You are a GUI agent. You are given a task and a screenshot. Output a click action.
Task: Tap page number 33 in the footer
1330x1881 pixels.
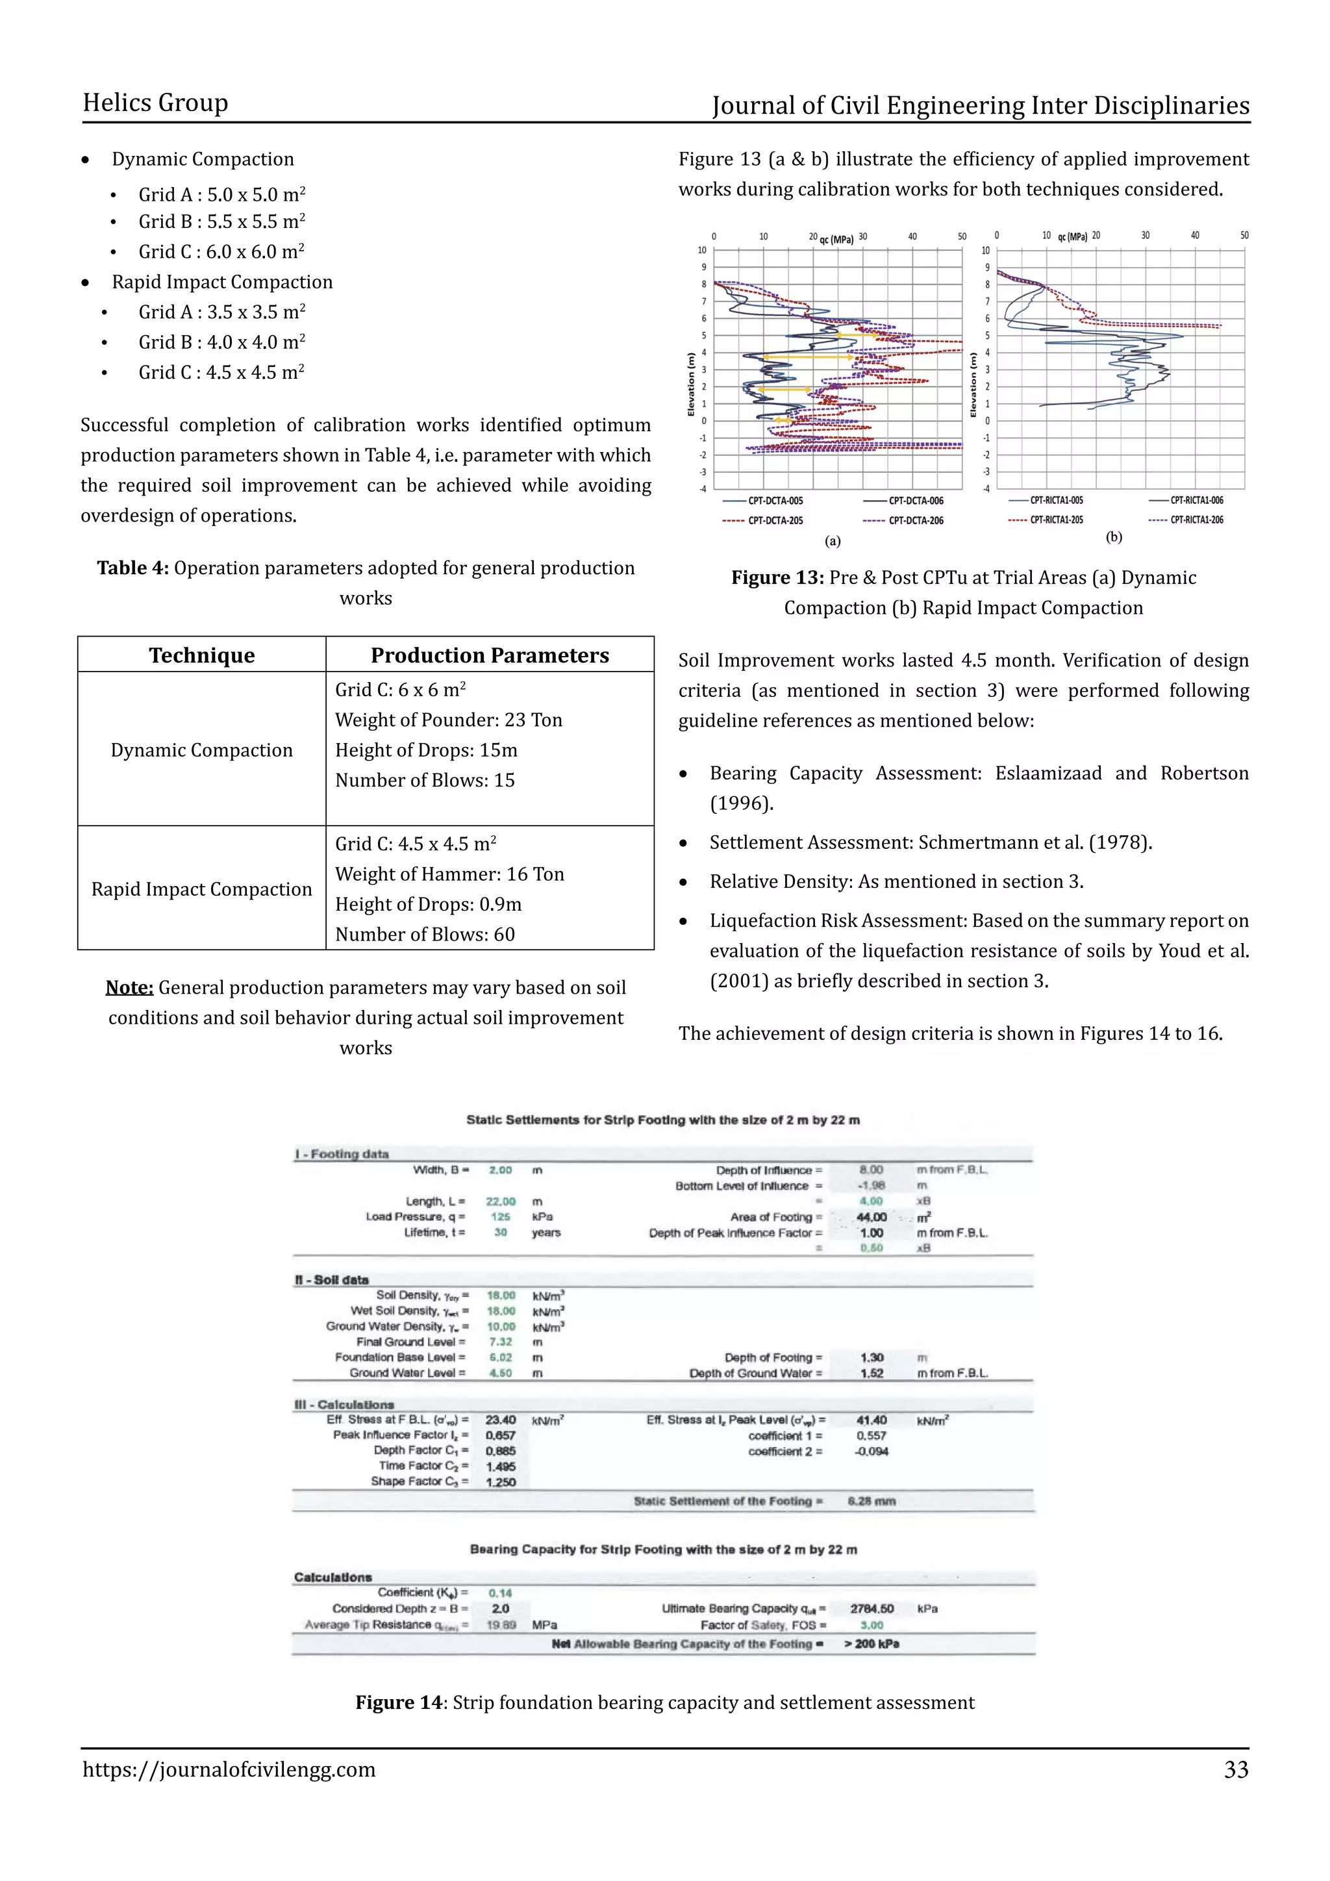pyautogui.click(x=1236, y=1769)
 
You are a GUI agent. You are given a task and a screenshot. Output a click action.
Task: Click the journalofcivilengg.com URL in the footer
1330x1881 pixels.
pyautogui.click(x=229, y=1769)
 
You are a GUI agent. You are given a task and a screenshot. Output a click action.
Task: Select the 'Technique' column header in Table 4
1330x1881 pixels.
pyautogui.click(x=201, y=655)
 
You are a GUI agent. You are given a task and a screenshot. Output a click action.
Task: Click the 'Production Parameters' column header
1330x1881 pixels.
pyautogui.click(x=490, y=655)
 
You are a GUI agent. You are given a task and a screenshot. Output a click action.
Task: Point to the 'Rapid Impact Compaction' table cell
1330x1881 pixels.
pyautogui.click(x=201, y=889)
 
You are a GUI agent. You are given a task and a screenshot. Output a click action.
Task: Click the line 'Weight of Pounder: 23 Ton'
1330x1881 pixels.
pyautogui.click(x=448, y=720)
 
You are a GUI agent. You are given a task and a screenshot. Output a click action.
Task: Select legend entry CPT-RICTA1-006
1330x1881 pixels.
pyautogui.click(x=1196, y=499)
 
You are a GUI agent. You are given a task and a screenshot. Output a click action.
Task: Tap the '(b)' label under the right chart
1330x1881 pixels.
pyautogui.click(x=1114, y=537)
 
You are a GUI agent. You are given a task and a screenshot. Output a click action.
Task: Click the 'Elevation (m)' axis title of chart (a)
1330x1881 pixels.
pyautogui.click(x=690, y=385)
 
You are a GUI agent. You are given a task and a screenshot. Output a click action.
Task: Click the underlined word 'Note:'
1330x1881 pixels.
pyautogui.click(x=129, y=987)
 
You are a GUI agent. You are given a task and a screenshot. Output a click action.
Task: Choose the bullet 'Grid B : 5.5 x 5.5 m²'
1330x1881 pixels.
pyautogui.click(x=221, y=222)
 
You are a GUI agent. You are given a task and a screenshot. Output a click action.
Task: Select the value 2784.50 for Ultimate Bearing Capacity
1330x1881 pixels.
pyautogui.click(x=872, y=1609)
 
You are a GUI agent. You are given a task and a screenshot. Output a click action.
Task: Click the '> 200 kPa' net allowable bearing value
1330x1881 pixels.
pyautogui.click(x=872, y=1643)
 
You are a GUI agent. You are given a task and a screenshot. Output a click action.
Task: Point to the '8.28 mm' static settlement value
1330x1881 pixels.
pyautogui.click(x=872, y=1501)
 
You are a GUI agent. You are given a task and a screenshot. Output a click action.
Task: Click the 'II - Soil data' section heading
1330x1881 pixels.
pyautogui.click(x=332, y=1280)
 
